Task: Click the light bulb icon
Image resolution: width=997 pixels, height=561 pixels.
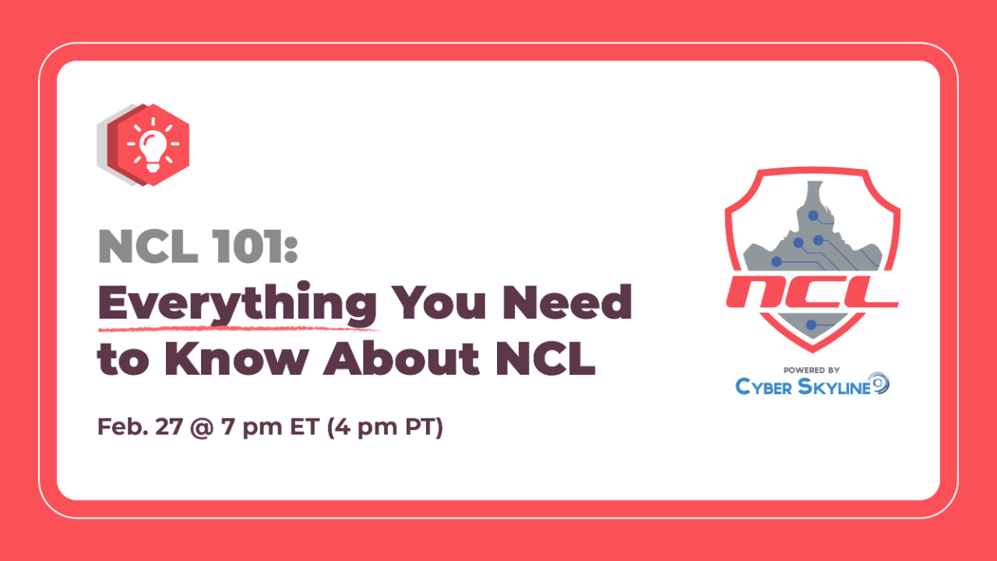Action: tap(153, 145)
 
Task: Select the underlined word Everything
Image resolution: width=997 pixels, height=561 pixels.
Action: tap(237, 304)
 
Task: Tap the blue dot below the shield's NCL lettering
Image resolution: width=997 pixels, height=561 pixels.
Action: tap(812, 324)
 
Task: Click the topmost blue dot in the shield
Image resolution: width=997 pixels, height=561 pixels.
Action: tap(812, 215)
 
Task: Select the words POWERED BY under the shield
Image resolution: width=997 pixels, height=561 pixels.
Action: tap(812, 369)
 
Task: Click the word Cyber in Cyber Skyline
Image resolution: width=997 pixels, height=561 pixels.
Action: tap(767, 386)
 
